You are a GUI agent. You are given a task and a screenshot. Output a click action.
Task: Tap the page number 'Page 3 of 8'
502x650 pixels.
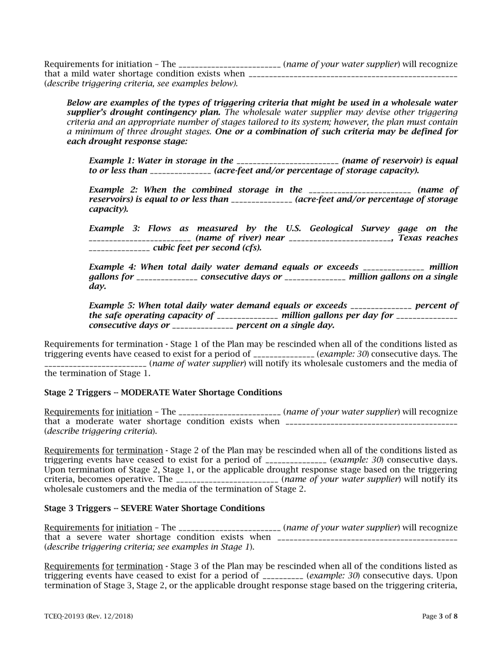(440, 616)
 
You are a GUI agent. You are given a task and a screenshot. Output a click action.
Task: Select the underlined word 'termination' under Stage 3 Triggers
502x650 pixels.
(140, 566)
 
